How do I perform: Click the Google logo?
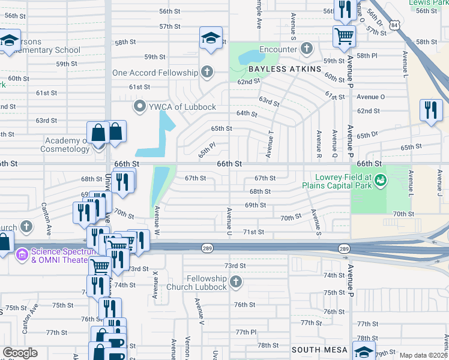pyautogui.click(x=20, y=353)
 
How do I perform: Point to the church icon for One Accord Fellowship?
pyautogui.click(x=206, y=73)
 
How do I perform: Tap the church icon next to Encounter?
pyautogui.click(x=306, y=49)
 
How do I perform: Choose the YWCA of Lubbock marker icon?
pyautogui.click(x=140, y=107)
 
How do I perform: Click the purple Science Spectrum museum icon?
pyautogui.click(x=22, y=255)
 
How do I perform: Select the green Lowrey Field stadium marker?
pyautogui.click(x=379, y=179)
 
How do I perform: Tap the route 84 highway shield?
pyautogui.click(x=393, y=25)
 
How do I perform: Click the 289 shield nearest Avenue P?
pyautogui.click(x=343, y=248)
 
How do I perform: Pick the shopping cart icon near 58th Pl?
pyautogui.click(x=345, y=35)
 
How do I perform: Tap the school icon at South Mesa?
pyautogui.click(x=364, y=350)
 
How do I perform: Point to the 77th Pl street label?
pyautogui.click(x=246, y=332)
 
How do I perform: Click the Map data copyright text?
pyautogui.click(x=423, y=355)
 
